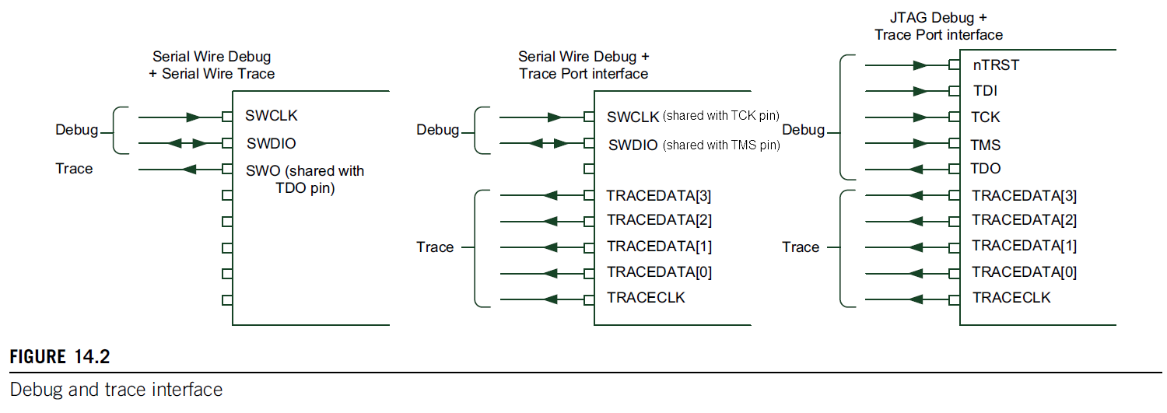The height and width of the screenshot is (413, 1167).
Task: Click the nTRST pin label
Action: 995,65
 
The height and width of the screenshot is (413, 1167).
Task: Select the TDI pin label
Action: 985,91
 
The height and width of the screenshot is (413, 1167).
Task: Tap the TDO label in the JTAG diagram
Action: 987,169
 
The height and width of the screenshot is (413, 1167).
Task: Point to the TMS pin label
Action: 987,145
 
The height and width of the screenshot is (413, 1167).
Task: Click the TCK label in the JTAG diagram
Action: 987,117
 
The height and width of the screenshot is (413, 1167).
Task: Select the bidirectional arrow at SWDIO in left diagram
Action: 187,143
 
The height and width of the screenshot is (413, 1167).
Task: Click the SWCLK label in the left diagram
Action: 272,116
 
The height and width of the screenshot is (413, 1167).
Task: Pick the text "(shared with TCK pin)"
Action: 720,116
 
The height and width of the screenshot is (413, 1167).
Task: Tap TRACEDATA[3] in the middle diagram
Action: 660,195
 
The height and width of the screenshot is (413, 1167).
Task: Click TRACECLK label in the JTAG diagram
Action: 1011,298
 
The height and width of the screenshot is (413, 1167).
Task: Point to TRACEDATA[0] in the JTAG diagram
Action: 1025,271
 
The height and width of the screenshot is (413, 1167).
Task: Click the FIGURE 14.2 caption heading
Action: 60,357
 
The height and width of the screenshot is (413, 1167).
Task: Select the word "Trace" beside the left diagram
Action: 74,169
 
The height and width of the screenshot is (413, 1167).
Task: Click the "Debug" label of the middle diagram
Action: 438,130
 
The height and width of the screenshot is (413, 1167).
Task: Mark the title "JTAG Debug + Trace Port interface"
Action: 938,26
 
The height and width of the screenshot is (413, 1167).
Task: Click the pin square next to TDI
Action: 954,91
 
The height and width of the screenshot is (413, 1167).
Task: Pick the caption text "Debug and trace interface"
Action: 116,389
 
